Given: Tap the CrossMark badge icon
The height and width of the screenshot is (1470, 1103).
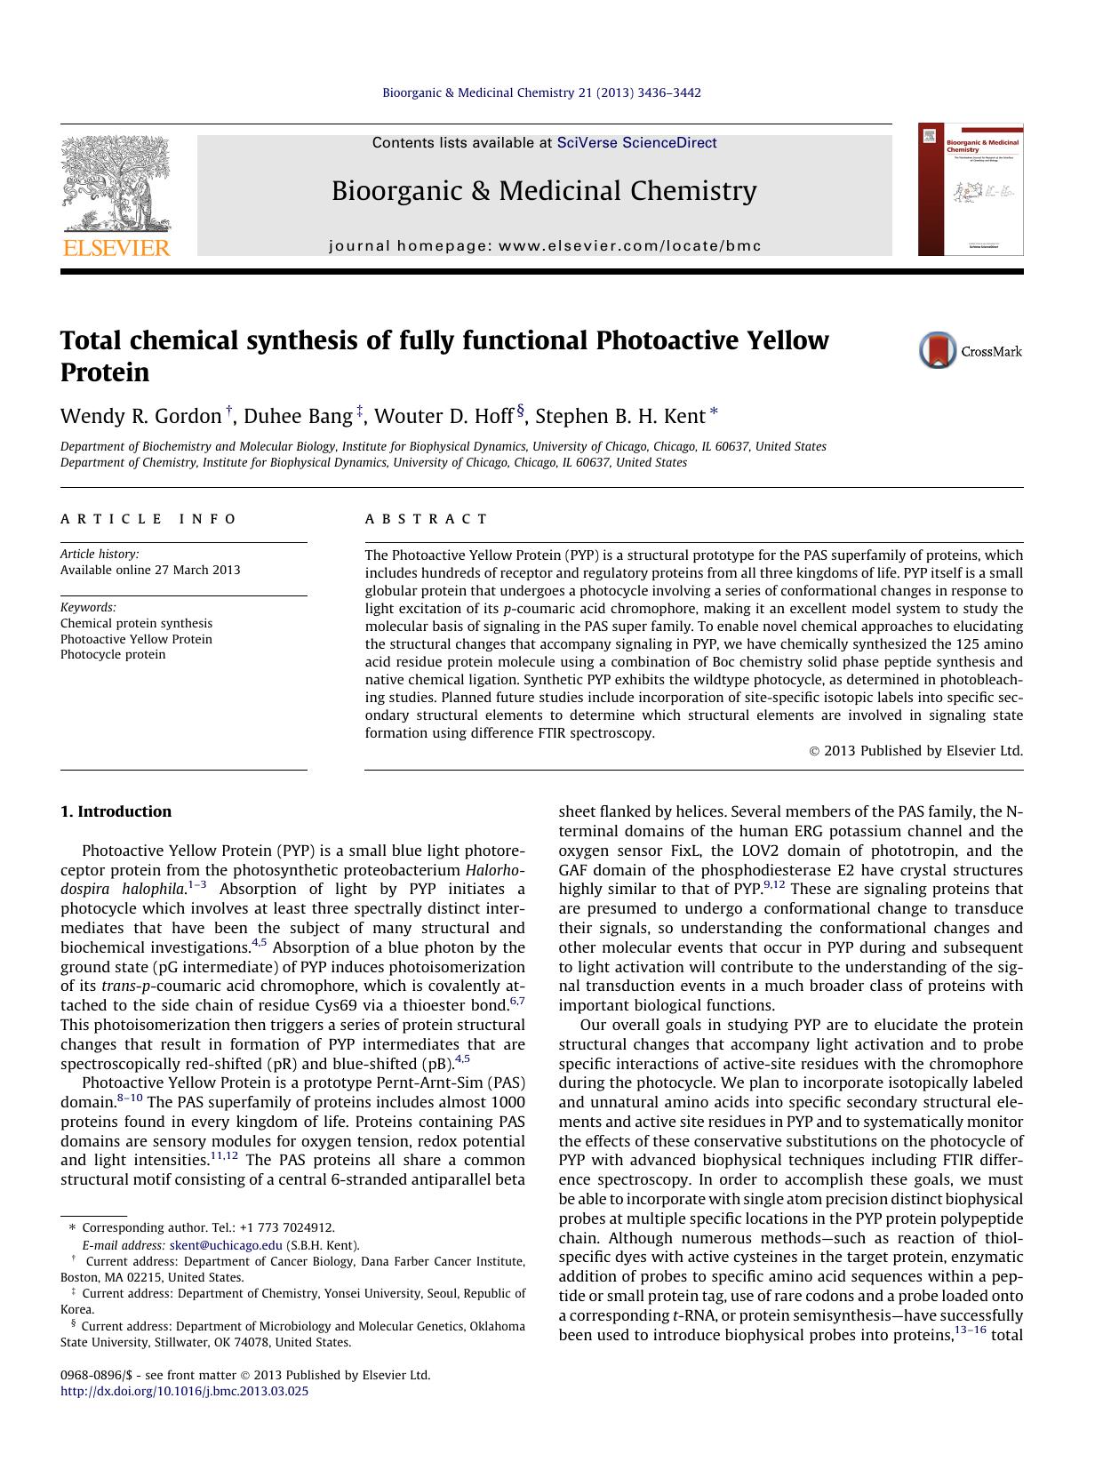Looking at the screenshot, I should (938, 350).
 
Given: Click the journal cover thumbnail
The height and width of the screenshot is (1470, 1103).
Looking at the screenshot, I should (971, 189).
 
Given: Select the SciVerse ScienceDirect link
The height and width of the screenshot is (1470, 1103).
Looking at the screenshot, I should (636, 143).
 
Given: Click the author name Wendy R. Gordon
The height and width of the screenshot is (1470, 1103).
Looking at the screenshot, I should (140, 416).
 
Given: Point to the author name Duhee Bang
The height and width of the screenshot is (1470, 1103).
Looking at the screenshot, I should (298, 416).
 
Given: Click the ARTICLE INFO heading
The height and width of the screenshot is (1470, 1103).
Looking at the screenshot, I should (148, 519).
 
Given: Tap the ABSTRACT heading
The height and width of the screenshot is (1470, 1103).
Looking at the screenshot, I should (426, 519).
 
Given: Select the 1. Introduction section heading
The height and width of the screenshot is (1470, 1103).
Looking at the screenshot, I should (116, 811).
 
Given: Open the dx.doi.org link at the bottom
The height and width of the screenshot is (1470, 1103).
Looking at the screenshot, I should (184, 1391).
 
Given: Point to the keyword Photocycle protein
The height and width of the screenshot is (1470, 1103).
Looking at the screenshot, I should (113, 654).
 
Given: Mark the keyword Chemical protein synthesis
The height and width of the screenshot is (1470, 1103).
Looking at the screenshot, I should (136, 623).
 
